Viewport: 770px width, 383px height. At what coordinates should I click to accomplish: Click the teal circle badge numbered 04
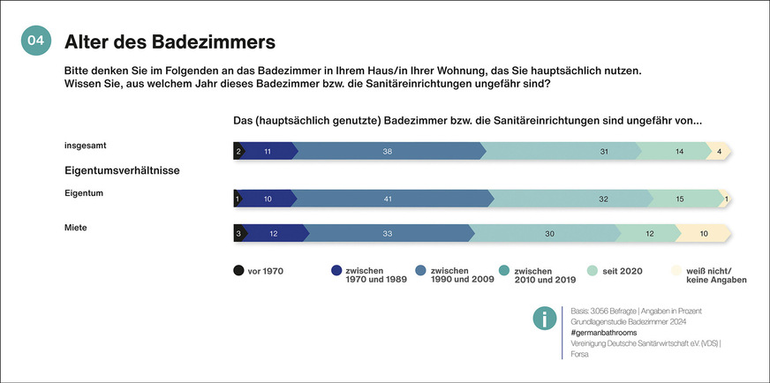click(x=35, y=41)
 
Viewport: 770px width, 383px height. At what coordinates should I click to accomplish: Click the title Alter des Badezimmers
click(x=170, y=41)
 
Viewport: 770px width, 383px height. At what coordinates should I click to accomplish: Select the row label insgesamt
click(x=85, y=145)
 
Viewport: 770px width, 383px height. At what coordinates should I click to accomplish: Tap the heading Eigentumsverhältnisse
click(x=122, y=169)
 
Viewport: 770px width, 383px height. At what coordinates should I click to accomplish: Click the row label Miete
click(x=77, y=228)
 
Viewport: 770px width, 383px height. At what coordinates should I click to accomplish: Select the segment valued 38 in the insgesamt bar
click(x=387, y=152)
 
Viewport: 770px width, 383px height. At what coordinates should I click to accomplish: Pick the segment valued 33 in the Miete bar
click(x=387, y=233)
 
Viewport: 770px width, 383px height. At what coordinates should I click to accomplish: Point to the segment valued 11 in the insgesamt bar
click(x=267, y=152)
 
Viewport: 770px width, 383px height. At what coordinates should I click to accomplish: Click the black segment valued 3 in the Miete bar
click(x=238, y=233)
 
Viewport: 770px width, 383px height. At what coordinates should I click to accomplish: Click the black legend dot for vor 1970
click(x=239, y=271)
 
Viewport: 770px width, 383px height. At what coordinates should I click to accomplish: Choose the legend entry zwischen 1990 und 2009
click(x=459, y=275)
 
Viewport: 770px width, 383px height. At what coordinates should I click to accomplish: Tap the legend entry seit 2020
click(x=619, y=271)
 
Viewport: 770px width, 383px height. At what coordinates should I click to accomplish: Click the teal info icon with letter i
click(x=545, y=319)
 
